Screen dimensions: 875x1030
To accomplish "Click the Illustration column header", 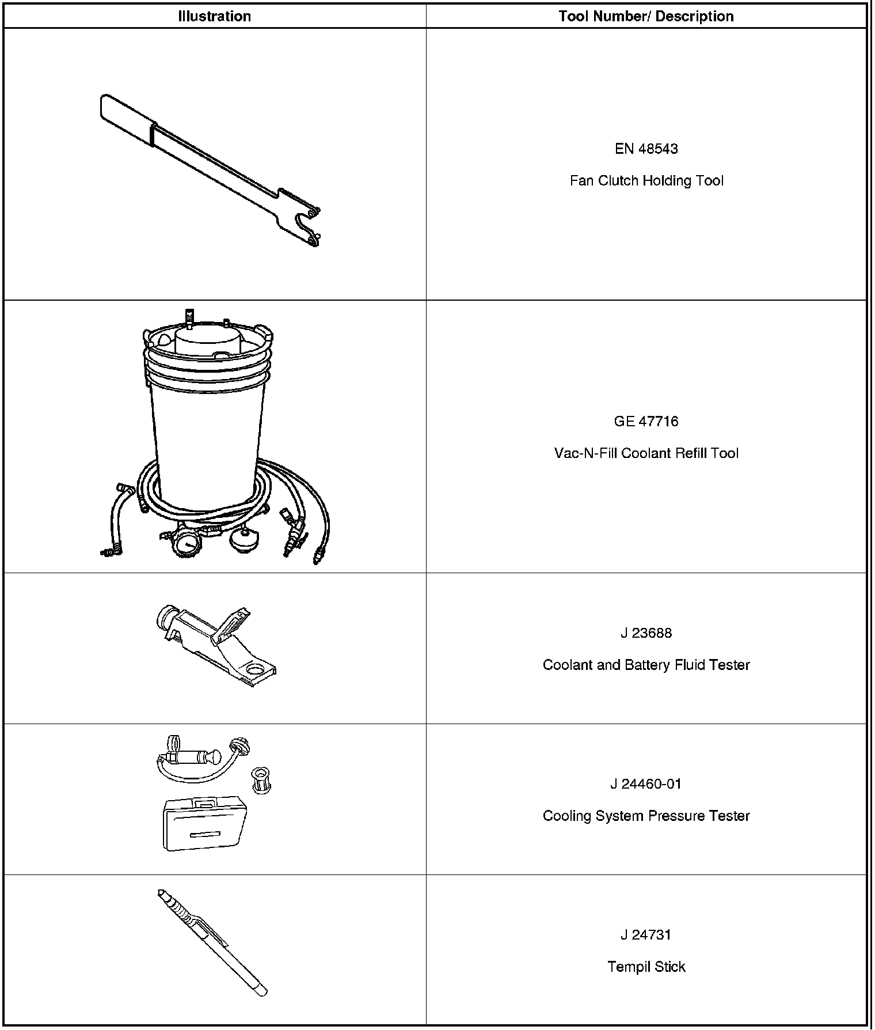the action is pyautogui.click(x=214, y=16).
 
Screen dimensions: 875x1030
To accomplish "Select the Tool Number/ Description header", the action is pyautogui.click(x=646, y=16).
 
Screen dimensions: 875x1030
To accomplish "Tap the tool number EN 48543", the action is pyautogui.click(x=646, y=149).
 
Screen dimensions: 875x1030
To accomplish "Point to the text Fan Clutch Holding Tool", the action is pyautogui.click(x=646, y=180).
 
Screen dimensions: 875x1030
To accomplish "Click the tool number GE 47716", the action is pyautogui.click(x=646, y=421).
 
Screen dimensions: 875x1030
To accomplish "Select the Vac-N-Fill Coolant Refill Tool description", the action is pyautogui.click(x=646, y=453).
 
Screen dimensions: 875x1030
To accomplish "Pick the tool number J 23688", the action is pyautogui.click(x=646, y=633).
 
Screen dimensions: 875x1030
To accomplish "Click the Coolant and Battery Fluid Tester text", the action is pyautogui.click(x=646, y=665).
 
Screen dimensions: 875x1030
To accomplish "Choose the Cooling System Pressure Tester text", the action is pyautogui.click(x=646, y=816).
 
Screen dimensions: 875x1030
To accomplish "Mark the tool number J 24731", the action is pyautogui.click(x=646, y=934).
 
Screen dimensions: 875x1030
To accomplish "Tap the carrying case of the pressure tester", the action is pyautogui.click(x=205, y=824).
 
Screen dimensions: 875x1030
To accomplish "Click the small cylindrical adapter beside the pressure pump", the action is pyautogui.click(x=261, y=781).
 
